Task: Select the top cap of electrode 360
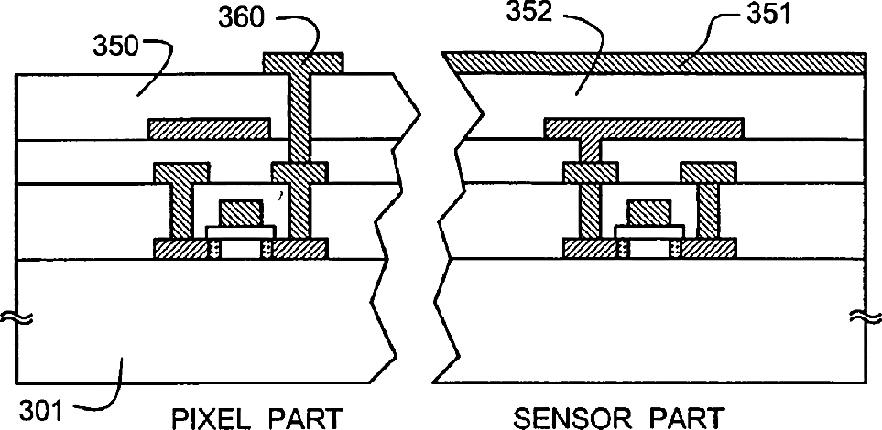[x=303, y=62]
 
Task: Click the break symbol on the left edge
[x=20, y=317]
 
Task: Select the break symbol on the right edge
[x=861, y=317]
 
